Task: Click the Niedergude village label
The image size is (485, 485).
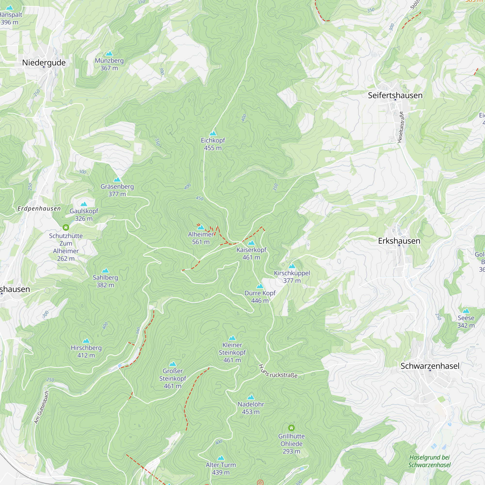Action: [x=44, y=63]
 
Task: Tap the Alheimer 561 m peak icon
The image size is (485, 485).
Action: [x=201, y=227]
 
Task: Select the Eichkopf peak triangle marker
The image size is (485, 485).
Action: [x=213, y=133]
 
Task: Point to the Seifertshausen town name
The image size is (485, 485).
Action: [x=395, y=95]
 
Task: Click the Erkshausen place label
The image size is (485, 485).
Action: [x=399, y=241]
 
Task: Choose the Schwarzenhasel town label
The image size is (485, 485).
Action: [x=430, y=366]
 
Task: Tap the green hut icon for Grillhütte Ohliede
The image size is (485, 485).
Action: [x=291, y=428]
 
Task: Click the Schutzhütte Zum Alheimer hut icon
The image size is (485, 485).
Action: [x=66, y=227]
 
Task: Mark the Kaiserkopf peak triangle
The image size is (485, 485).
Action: [x=251, y=243]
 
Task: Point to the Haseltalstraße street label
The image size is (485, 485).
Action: [x=401, y=127]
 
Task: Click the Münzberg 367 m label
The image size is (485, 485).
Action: [x=109, y=64]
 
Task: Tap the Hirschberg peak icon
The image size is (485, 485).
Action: [x=86, y=341]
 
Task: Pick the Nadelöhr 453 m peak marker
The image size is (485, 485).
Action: [x=251, y=397]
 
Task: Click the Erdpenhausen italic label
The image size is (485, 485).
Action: [x=39, y=209]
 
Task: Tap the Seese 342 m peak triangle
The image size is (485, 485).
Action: [x=466, y=311]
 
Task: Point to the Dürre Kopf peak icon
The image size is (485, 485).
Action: [x=260, y=286]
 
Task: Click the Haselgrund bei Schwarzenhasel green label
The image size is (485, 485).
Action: [x=429, y=461]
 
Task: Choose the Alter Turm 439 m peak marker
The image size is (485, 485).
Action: [x=221, y=458]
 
